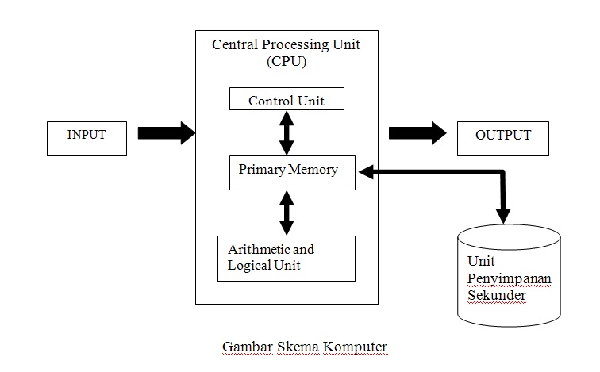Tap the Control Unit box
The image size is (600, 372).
pos(287,99)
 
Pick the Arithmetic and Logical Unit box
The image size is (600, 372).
pos(286,258)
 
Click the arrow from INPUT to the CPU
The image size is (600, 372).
pos(166,133)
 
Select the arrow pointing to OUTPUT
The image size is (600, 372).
pos(417,133)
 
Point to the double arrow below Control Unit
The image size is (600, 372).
pos(287,132)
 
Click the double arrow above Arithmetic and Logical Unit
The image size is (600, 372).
pos(287,213)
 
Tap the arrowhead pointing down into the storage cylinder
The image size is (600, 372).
pos(503,214)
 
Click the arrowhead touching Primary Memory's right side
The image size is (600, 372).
pos(367,171)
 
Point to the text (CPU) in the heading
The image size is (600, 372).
pos(286,61)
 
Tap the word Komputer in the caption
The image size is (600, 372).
pos(356,347)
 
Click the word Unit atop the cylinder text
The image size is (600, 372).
pos(480,261)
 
